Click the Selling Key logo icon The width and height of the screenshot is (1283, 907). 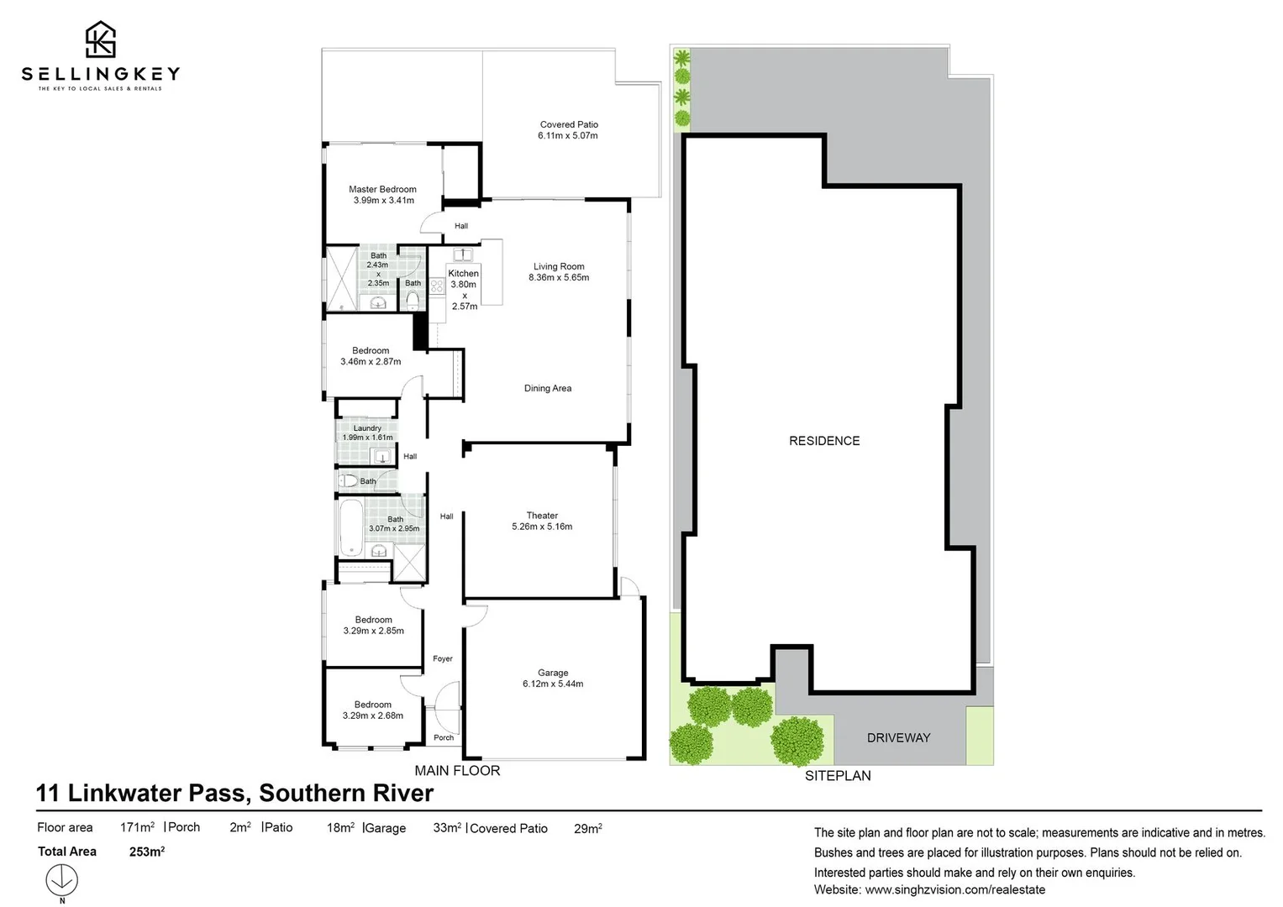[101, 39]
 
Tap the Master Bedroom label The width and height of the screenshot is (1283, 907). [382, 190]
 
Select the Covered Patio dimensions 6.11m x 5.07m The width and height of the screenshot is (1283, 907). [568, 136]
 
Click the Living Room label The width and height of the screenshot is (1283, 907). [559, 266]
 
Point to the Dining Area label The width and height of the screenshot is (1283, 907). [548, 388]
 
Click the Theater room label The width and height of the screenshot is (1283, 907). [542, 516]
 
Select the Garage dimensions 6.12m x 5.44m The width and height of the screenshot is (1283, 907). [553, 684]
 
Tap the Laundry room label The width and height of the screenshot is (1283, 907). [367, 428]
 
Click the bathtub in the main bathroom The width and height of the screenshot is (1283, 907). [350, 527]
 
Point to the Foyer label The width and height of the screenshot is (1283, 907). [443, 659]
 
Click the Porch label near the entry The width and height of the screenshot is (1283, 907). [444, 738]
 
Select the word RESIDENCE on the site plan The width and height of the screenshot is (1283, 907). [824, 441]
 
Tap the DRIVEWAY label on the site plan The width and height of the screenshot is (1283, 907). [898, 738]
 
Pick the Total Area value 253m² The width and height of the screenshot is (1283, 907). [147, 852]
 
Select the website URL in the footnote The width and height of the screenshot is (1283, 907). [955, 889]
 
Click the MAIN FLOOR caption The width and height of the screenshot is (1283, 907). [457, 771]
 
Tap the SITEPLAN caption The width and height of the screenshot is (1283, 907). [838, 776]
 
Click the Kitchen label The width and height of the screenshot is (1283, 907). [463, 273]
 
